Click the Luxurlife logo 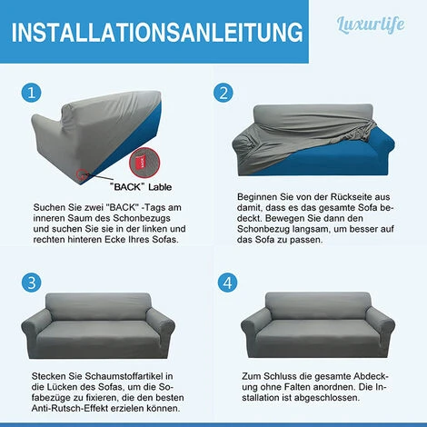pos(371,25)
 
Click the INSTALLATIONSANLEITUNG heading pos(157,32)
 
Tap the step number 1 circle pos(31,93)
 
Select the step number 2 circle pos(223,93)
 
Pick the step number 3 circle pos(31,283)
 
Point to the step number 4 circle pos(227,283)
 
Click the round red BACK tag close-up pos(144,163)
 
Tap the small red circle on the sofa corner pos(82,174)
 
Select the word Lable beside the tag pos(160,187)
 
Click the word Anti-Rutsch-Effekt pos(70,408)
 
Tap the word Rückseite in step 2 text pos(352,197)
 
